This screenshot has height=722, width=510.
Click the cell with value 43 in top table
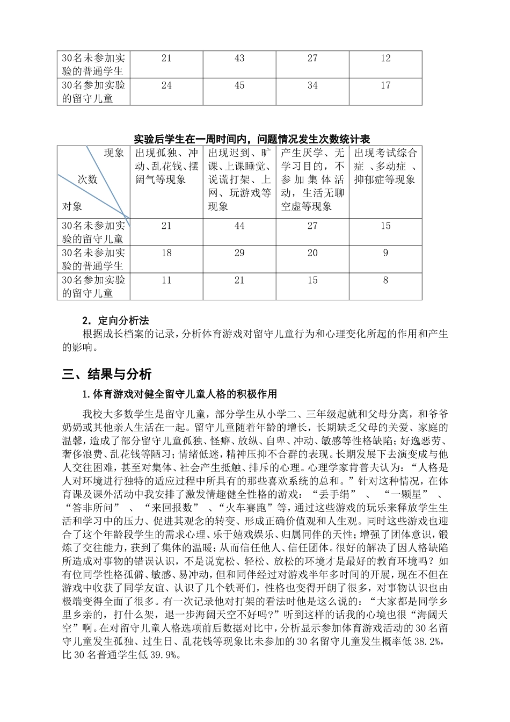pyautogui.click(x=239, y=59)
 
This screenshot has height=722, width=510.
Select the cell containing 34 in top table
pyautogui.click(x=312, y=85)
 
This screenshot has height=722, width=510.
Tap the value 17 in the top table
pyautogui.click(x=385, y=85)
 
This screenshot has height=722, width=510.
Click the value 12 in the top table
pyautogui.click(x=385, y=59)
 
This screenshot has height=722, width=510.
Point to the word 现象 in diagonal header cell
pyautogui.click(x=113, y=153)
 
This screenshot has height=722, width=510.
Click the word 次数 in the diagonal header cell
pyautogui.click(x=88, y=180)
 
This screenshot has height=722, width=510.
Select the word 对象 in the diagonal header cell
pyautogui.click(x=72, y=206)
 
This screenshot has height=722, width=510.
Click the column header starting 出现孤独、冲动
pyautogui.click(x=166, y=166)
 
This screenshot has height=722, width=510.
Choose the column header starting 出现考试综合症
pyautogui.click(x=385, y=166)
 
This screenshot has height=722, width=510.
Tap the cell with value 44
pyautogui.click(x=239, y=226)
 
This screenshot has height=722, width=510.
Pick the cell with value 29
pyautogui.click(x=239, y=253)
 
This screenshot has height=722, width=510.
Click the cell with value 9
pyautogui.click(x=385, y=253)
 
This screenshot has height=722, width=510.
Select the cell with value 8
pyautogui.click(x=385, y=280)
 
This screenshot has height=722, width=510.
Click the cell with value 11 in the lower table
pyautogui.click(x=166, y=280)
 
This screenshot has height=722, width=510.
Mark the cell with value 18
pyautogui.click(x=166, y=253)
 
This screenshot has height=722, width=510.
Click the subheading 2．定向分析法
pyautogui.click(x=115, y=321)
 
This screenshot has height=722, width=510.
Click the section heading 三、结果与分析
pyautogui.click(x=107, y=374)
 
